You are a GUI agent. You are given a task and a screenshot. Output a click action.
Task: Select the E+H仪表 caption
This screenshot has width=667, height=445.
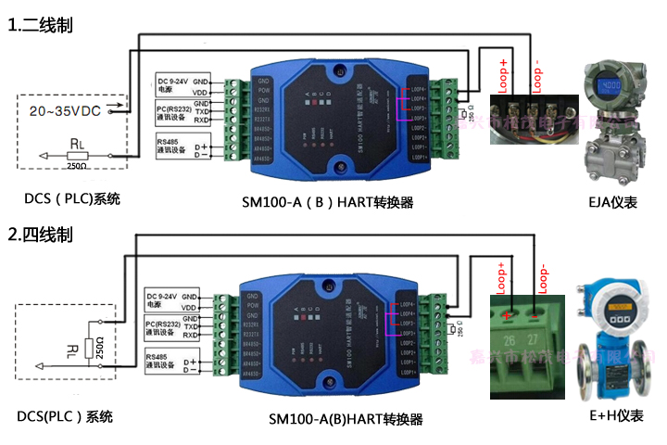pos(616,415)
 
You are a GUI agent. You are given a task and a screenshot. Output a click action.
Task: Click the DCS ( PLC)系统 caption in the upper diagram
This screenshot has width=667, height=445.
pos(72,198)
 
